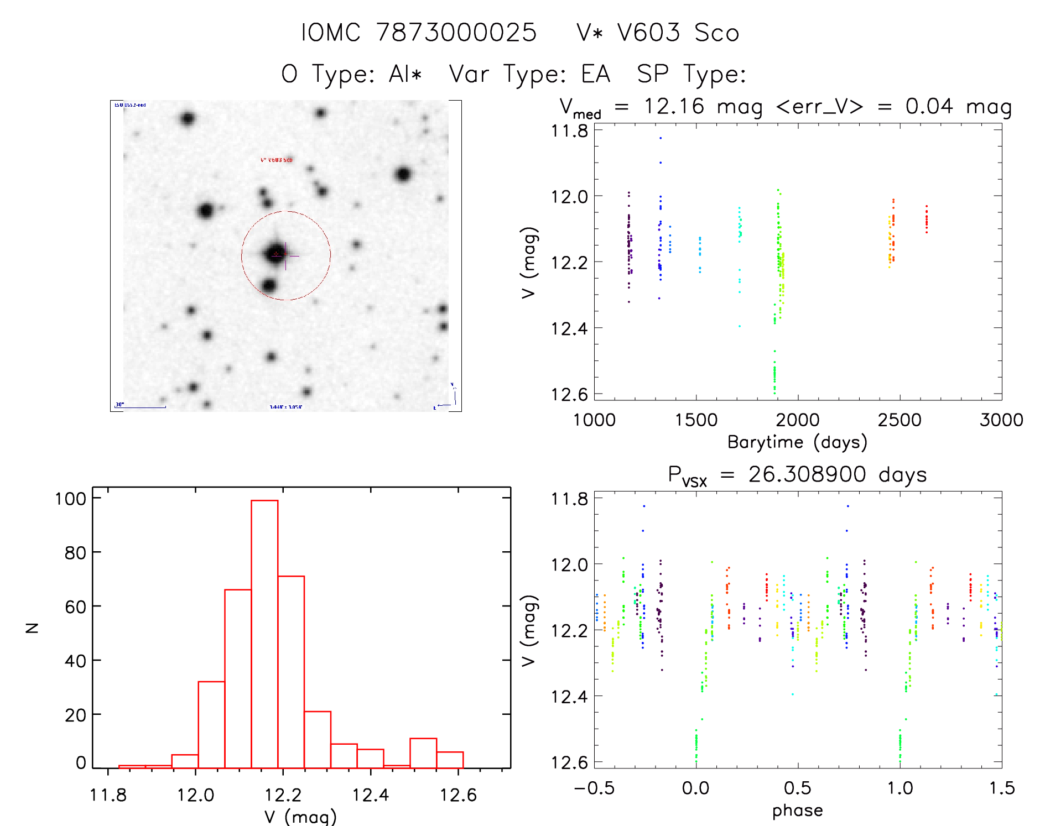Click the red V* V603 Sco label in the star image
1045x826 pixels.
(x=276, y=160)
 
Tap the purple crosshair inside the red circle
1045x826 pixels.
(x=285, y=256)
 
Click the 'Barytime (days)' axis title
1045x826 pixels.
(x=797, y=442)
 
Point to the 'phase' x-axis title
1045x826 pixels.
(x=797, y=811)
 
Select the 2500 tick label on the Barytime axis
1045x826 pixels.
(x=900, y=420)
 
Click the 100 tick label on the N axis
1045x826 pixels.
(x=70, y=499)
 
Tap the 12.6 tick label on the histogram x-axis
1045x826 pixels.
(x=457, y=795)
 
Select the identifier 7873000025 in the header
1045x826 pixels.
(x=456, y=33)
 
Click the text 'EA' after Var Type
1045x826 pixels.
(x=595, y=74)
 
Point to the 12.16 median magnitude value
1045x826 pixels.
(x=674, y=106)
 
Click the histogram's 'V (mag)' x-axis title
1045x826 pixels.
(x=300, y=817)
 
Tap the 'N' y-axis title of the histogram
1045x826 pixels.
(x=33, y=628)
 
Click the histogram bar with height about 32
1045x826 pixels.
(x=211, y=724)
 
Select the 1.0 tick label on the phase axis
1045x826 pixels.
(x=900, y=788)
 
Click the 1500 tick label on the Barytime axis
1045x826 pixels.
(x=696, y=420)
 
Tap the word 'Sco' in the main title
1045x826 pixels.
(x=717, y=33)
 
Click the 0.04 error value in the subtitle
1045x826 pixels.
(x=929, y=106)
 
